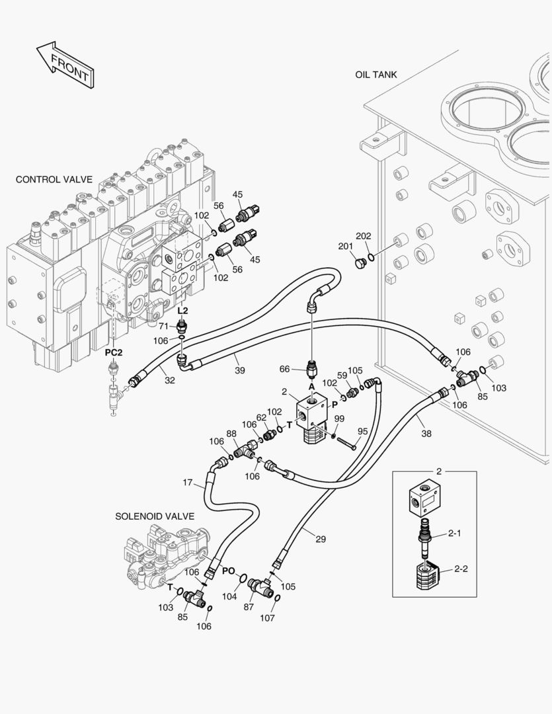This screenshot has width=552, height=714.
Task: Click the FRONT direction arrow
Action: [x=64, y=64]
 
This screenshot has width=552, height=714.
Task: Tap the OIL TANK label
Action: [x=375, y=75]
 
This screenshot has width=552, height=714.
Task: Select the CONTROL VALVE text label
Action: [x=54, y=179]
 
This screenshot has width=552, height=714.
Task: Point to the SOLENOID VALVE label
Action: [x=155, y=516]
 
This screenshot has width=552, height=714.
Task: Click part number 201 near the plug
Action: [x=345, y=247]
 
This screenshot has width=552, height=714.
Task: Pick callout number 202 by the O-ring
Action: [x=364, y=236]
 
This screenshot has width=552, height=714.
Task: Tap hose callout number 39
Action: [x=239, y=371]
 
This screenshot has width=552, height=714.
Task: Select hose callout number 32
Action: [x=170, y=380]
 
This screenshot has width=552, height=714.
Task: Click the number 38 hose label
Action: [x=426, y=434]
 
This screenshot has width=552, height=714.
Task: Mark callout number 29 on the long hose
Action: [x=320, y=539]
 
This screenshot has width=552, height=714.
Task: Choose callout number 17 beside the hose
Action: [x=188, y=483]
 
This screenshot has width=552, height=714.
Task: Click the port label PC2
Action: [x=114, y=352]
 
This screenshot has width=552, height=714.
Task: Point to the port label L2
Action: [x=183, y=310]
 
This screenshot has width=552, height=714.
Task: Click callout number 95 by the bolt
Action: [x=362, y=431]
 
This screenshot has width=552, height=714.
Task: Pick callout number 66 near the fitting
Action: [x=285, y=369]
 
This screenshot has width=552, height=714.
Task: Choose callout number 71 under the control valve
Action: [x=163, y=325]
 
